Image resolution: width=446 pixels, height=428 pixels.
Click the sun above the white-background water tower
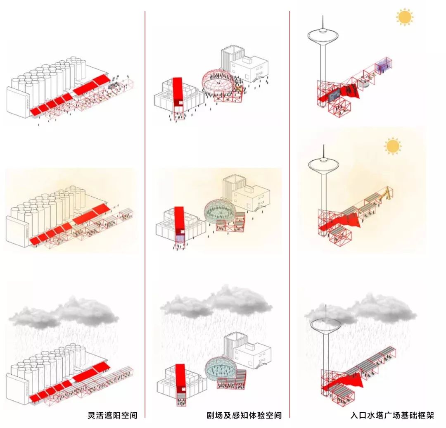click(404, 17)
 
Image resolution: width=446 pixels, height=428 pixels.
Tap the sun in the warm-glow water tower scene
click(392, 146)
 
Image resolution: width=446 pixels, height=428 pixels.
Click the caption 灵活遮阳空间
click(112, 415)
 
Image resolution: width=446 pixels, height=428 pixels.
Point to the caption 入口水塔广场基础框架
click(392, 415)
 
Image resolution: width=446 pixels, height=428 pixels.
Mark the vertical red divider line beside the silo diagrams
click(145, 207)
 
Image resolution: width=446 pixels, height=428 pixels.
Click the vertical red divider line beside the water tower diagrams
click(289, 207)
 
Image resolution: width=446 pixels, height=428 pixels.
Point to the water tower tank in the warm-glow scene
click(323, 164)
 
